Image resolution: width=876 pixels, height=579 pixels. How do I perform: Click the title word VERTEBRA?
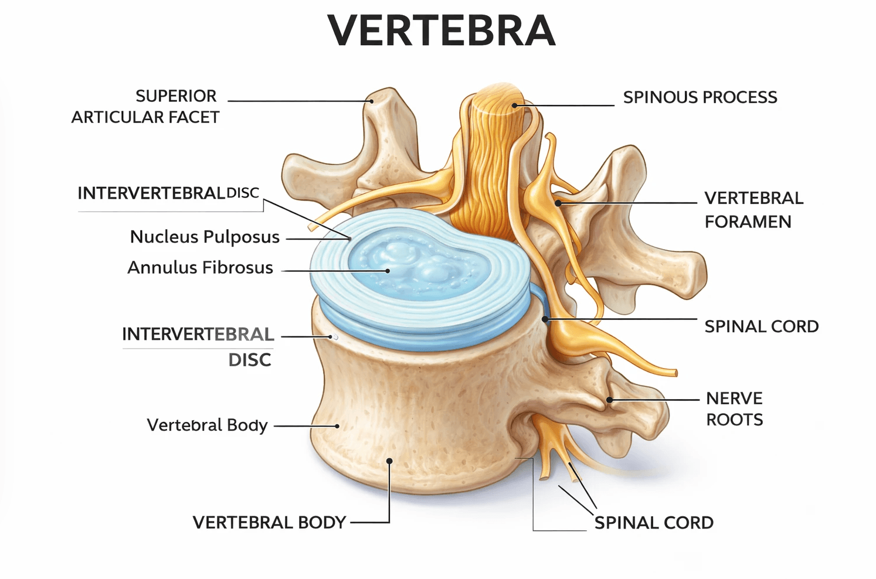(441, 31)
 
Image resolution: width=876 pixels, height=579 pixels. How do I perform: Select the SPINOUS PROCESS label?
(700, 97)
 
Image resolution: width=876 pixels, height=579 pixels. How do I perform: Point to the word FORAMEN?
(748, 222)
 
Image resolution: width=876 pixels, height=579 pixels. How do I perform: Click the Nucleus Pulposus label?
(205, 237)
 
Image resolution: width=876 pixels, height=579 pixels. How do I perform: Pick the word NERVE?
(734, 399)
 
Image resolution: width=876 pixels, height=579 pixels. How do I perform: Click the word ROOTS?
(734, 420)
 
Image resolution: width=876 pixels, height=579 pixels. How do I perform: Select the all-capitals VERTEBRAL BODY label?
(269, 522)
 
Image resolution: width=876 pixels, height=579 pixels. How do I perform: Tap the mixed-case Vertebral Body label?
(207, 425)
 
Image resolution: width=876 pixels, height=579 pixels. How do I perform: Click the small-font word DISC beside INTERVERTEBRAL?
(243, 193)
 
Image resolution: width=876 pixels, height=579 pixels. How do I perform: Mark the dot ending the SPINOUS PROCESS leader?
(514, 105)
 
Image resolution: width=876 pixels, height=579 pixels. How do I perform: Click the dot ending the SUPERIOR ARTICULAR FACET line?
(371, 101)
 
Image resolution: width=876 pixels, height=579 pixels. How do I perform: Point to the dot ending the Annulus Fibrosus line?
(388, 271)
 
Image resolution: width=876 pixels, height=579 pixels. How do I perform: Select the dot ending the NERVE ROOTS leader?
(610, 400)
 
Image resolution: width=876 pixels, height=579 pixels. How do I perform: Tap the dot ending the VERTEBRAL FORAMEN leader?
(558, 203)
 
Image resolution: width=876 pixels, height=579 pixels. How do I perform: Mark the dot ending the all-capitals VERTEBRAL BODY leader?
(389, 461)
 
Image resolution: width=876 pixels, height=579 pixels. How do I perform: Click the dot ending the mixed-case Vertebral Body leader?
(337, 426)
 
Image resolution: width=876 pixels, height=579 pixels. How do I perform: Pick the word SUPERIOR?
(176, 96)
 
